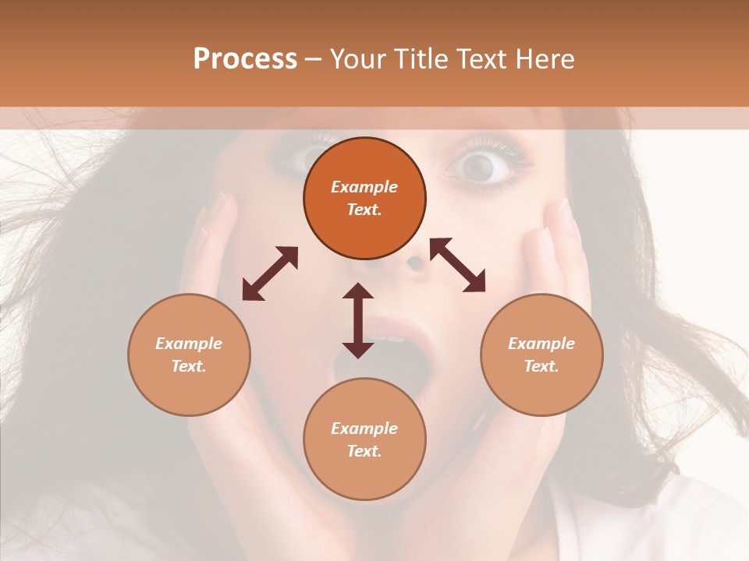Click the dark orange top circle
(x=364, y=198)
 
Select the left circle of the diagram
(x=189, y=355)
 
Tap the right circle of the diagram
(x=541, y=355)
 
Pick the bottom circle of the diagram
(x=364, y=439)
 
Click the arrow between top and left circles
(x=270, y=273)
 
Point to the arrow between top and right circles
(x=457, y=265)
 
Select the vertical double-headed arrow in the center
(x=358, y=320)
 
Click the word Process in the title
(x=245, y=58)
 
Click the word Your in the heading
(x=356, y=58)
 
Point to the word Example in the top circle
(x=364, y=187)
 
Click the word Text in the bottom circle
(x=364, y=451)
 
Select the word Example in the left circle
(x=189, y=344)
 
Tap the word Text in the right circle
(x=541, y=366)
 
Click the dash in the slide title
(x=313, y=59)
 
